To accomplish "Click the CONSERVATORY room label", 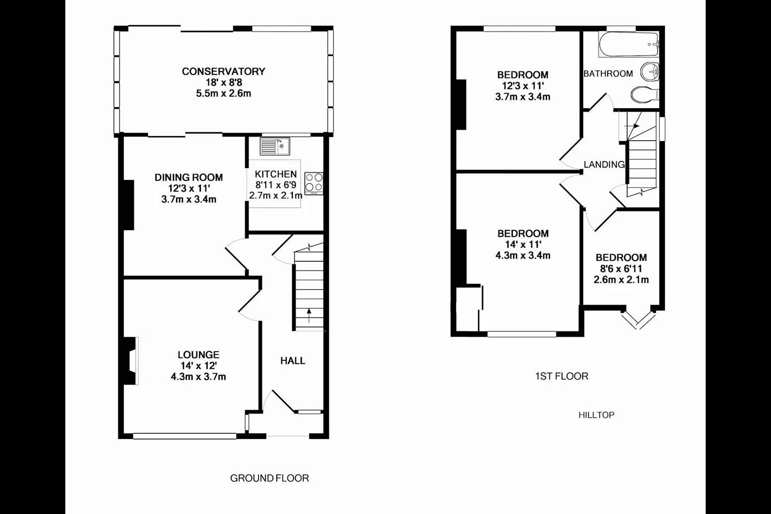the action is click(224, 71).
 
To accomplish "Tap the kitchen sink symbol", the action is click(275, 146).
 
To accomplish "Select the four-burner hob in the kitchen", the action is click(314, 183).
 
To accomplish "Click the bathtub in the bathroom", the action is click(629, 44).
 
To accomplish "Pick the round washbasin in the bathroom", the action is click(650, 72).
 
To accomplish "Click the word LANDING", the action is click(604, 164).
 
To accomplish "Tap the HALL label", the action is click(292, 360).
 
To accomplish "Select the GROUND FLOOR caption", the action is click(269, 478).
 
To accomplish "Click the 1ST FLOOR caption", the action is click(562, 376).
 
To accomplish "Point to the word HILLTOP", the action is click(596, 415).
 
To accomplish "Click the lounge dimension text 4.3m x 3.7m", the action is click(198, 376).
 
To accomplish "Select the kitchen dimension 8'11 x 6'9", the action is click(276, 185).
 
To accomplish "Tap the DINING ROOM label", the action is click(188, 177).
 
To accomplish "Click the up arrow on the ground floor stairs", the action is click(309, 315).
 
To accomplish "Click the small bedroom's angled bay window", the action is click(638, 320).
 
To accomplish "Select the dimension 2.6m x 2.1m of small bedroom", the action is click(621, 279).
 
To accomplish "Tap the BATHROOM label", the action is click(608, 73).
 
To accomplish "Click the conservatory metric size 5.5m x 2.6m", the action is click(224, 93).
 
